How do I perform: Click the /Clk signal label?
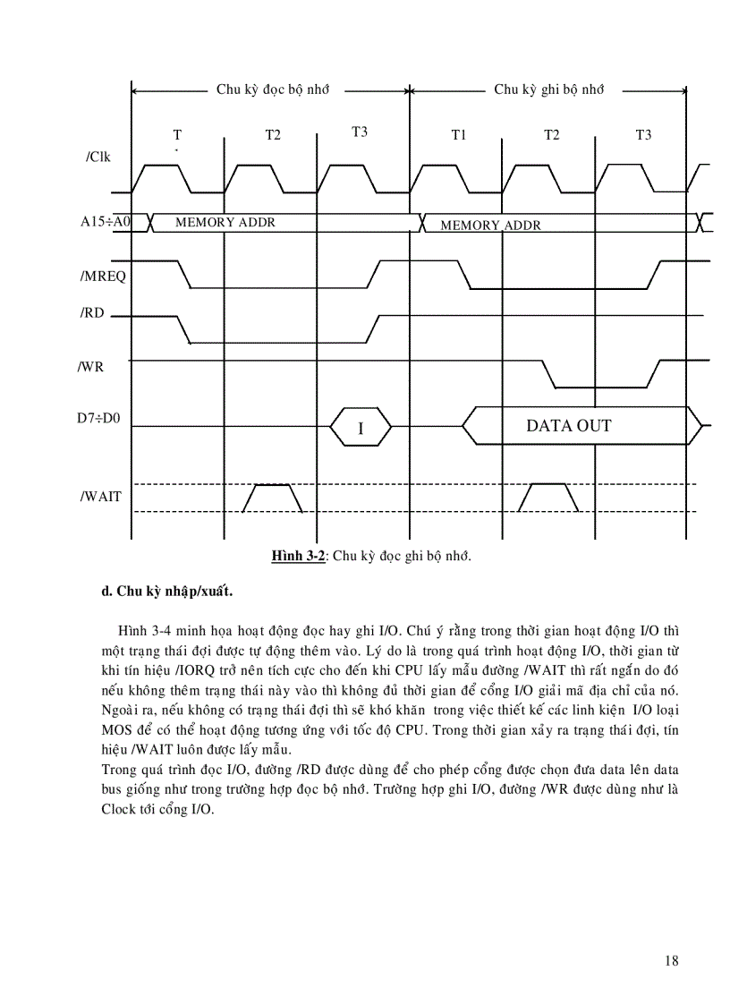(98, 158)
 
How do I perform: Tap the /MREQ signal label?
(103, 276)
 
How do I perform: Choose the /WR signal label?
(91, 366)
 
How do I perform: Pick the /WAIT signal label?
(101, 496)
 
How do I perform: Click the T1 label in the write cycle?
(459, 135)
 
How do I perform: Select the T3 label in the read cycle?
(360, 132)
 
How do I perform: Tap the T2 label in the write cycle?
(552, 135)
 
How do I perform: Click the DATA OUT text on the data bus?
(569, 426)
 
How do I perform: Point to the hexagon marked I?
(361, 428)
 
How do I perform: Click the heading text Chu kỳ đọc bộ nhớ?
(273, 89)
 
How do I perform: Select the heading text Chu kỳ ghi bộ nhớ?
(549, 89)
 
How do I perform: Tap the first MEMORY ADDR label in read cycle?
(225, 223)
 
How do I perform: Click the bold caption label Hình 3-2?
(298, 556)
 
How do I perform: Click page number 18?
(672, 961)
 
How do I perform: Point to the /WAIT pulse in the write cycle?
(548, 497)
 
